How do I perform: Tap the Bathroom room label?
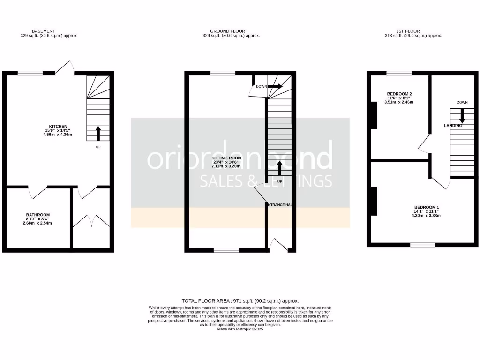[x=37, y=215]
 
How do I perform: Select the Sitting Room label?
[x=226, y=157]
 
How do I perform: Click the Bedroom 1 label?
[x=426, y=207]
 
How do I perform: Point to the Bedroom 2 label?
[x=399, y=93]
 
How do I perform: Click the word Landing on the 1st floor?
[x=453, y=126]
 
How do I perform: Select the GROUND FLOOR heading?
[x=227, y=31]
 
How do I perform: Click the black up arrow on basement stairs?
[x=98, y=133]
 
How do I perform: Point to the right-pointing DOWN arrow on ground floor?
[x=275, y=86]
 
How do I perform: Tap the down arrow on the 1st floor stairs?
[x=462, y=115]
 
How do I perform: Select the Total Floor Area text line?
[x=240, y=301]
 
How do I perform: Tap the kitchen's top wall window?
[x=30, y=73]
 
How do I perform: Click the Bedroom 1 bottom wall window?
[x=423, y=245]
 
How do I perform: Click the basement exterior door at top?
[x=67, y=67]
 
